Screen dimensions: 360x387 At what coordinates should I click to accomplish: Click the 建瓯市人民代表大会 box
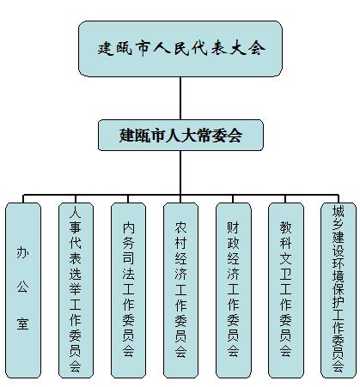pos(180,49)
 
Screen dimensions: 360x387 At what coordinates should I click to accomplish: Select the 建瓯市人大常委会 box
pos(180,135)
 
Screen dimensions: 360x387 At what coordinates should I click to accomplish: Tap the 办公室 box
pos(23,290)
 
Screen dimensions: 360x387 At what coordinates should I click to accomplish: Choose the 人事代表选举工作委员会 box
pos(76,290)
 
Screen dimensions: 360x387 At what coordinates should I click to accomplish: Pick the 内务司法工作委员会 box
pos(128,290)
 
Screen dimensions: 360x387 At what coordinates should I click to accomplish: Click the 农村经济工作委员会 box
pos(180,290)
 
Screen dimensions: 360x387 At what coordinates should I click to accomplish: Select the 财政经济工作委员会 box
pos(234,290)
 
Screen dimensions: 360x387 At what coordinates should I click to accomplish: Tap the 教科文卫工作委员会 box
pos(286,290)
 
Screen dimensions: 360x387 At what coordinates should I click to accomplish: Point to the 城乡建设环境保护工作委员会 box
pos(339,290)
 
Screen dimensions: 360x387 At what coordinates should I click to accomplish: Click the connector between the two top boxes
pos(180,98)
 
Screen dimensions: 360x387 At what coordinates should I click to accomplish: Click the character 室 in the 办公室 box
pos(22,324)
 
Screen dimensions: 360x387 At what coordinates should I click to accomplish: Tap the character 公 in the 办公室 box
pos(22,287)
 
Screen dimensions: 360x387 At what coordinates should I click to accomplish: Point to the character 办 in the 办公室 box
pos(22,252)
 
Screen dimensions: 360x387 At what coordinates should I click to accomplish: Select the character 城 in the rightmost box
pos(339,211)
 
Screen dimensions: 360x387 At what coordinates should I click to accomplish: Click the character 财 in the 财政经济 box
pos(233,227)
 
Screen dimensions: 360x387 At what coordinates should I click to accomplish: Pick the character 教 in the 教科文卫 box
pos(286,227)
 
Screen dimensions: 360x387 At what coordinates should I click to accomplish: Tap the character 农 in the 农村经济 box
pos(180,227)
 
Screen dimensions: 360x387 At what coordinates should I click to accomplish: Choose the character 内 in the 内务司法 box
pos(128,227)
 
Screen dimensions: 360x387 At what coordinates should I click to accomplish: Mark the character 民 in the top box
pos(180,48)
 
